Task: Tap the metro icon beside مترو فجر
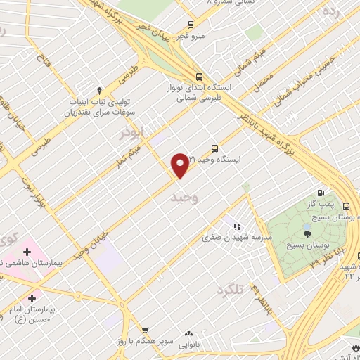click(x=191, y=24)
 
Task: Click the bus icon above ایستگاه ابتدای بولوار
click(x=199, y=77)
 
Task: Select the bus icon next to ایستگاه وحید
click(x=214, y=149)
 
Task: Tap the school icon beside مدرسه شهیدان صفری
click(x=237, y=226)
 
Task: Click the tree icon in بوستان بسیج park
click(x=307, y=233)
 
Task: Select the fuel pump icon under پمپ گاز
click(x=321, y=193)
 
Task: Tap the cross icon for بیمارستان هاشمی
click(x=27, y=251)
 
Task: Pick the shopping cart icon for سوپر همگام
click(x=144, y=330)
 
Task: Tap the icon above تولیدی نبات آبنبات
click(x=99, y=90)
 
